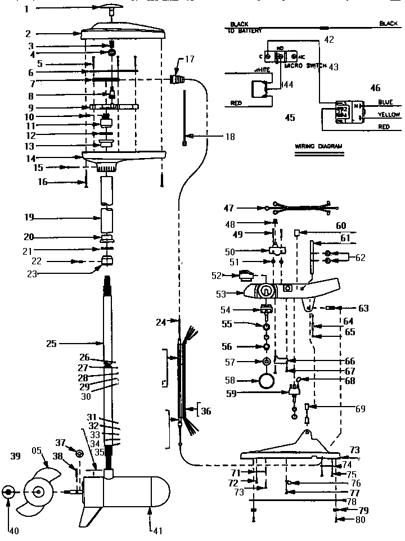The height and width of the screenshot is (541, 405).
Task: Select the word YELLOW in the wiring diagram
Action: pyautogui.click(x=389, y=115)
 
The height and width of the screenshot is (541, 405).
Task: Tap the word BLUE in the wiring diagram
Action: pyautogui.click(x=385, y=102)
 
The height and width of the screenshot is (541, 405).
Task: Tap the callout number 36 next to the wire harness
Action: pyautogui.click(x=206, y=411)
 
